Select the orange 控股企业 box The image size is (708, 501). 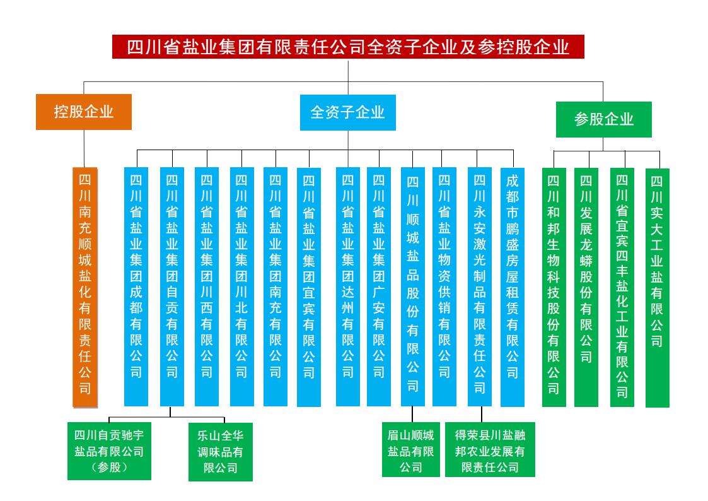pyautogui.click(x=84, y=112)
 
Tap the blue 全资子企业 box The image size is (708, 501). pyautogui.click(x=348, y=112)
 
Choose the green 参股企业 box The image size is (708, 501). pyautogui.click(x=603, y=119)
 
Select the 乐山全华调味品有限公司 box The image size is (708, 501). pyautogui.click(x=221, y=452)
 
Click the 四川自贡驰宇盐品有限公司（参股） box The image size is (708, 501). pyautogui.click(x=110, y=452)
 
